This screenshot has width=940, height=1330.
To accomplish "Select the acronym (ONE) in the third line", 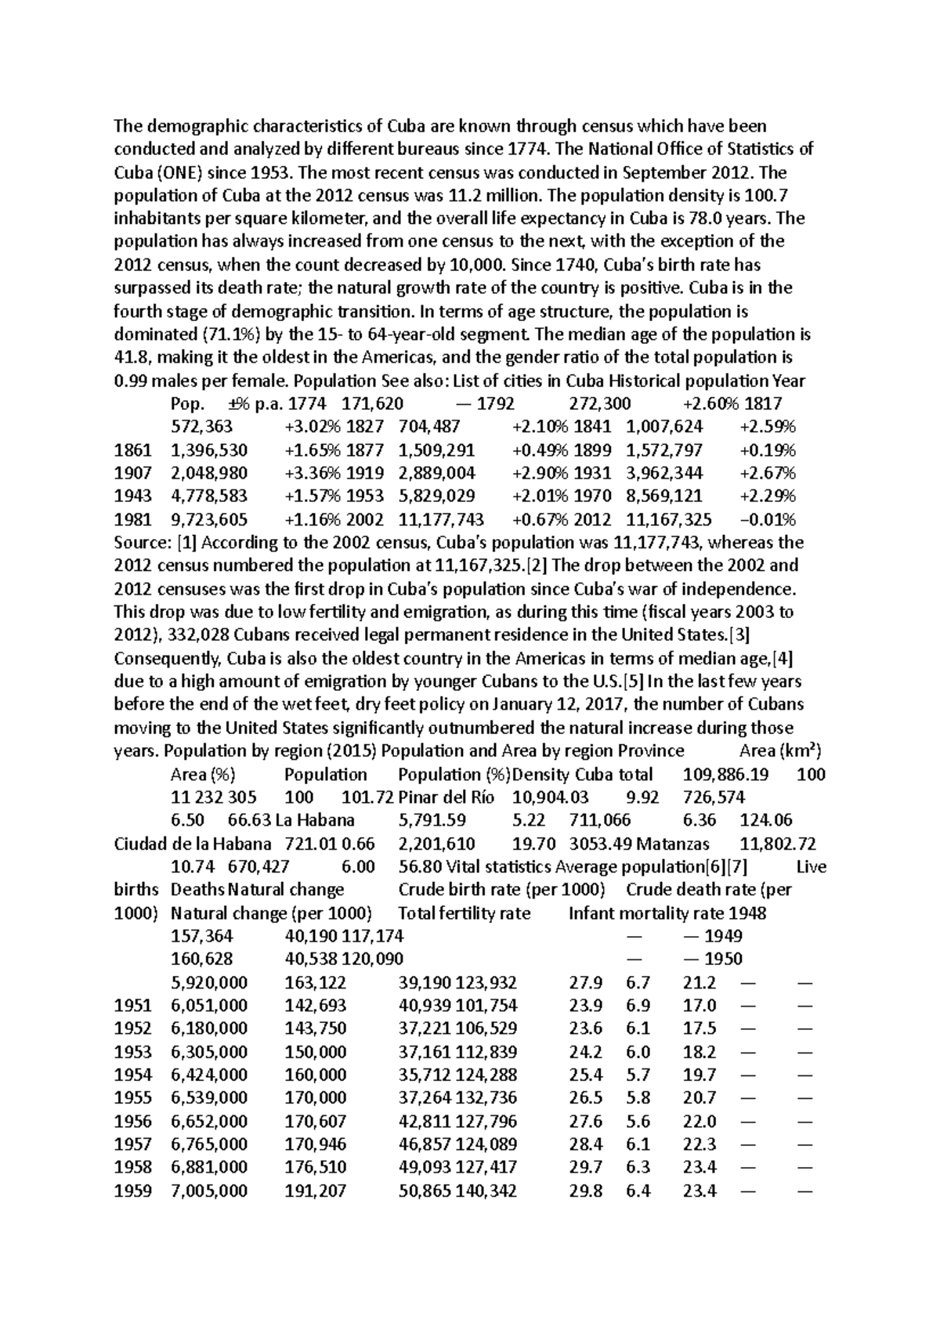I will click(x=176, y=172).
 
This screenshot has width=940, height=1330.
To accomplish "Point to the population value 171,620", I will click(x=377, y=404).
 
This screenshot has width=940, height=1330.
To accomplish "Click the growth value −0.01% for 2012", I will click(x=768, y=520).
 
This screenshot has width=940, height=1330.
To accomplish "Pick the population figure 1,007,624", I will click(x=664, y=427).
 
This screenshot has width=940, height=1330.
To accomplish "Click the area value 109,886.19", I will click(x=725, y=775).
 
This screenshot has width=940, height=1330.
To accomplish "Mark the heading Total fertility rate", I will click(x=464, y=913).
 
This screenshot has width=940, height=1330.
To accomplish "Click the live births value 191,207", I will click(x=315, y=1191).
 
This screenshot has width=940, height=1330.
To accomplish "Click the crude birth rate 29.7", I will click(x=585, y=1168).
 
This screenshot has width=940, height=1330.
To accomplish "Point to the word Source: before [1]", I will click(x=143, y=543).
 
